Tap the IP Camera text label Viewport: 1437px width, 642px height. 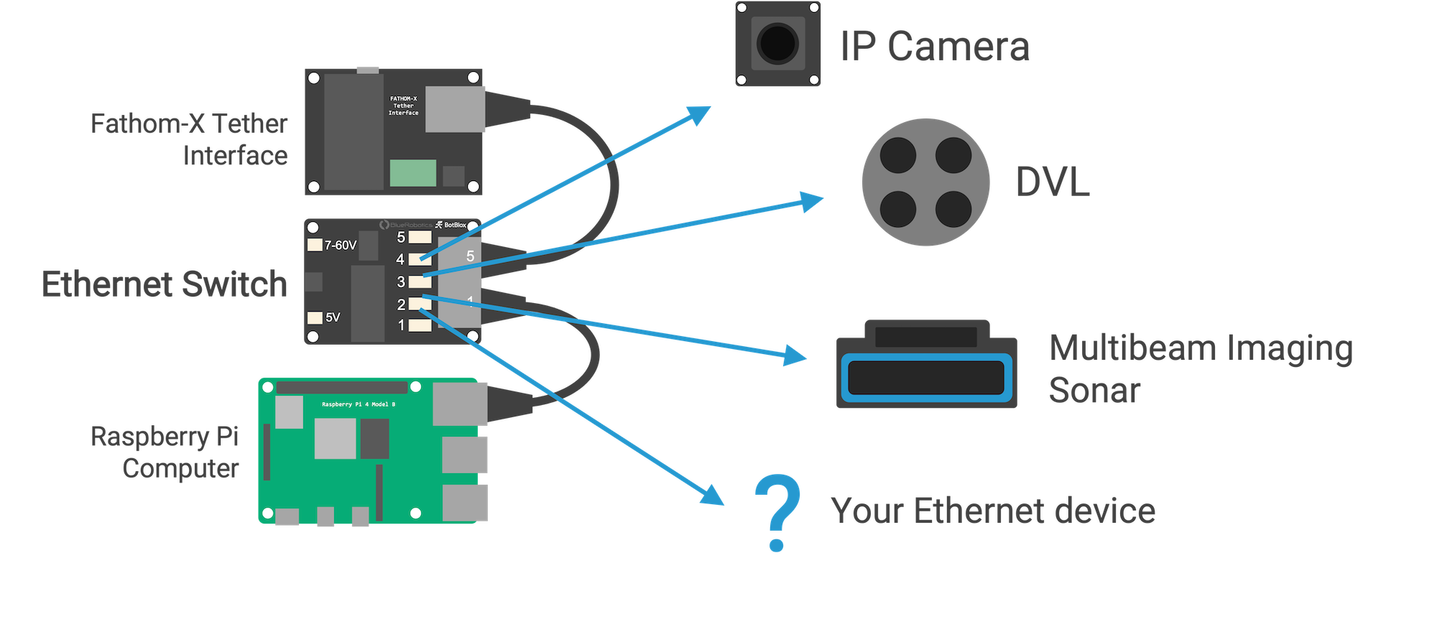point(935,47)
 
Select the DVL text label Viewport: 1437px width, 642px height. point(1052,182)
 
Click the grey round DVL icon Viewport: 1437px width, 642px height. point(925,182)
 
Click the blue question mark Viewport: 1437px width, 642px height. point(777,511)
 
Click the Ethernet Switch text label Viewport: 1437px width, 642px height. point(165,284)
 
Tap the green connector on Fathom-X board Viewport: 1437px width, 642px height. point(412,173)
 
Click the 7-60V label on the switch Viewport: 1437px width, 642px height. point(340,246)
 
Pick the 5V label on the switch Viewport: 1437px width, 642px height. point(333,317)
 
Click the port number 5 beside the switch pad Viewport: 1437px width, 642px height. point(401,237)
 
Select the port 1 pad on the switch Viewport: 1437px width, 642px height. point(420,325)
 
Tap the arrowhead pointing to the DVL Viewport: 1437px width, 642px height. point(811,201)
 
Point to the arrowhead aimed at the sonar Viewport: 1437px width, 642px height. point(795,355)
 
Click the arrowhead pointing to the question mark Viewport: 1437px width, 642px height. point(713,496)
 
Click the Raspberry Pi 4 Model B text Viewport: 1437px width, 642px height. point(358,404)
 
